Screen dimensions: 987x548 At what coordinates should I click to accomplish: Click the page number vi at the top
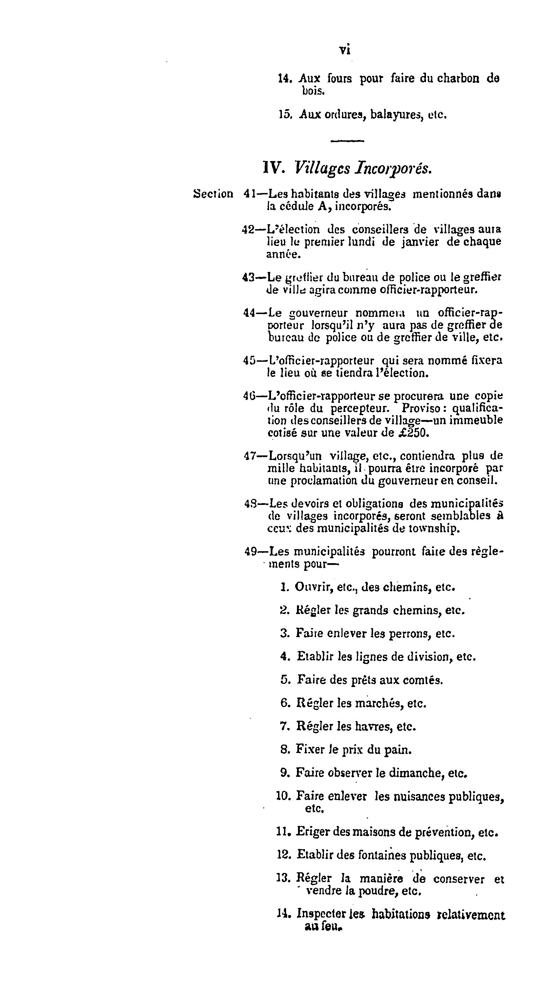tap(345, 50)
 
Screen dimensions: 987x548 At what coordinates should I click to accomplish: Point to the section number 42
tap(249, 229)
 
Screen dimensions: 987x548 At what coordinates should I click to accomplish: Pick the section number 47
tap(250, 456)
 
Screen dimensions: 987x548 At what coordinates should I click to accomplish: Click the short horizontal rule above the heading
tap(347, 141)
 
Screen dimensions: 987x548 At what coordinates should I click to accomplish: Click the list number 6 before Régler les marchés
tap(284, 703)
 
